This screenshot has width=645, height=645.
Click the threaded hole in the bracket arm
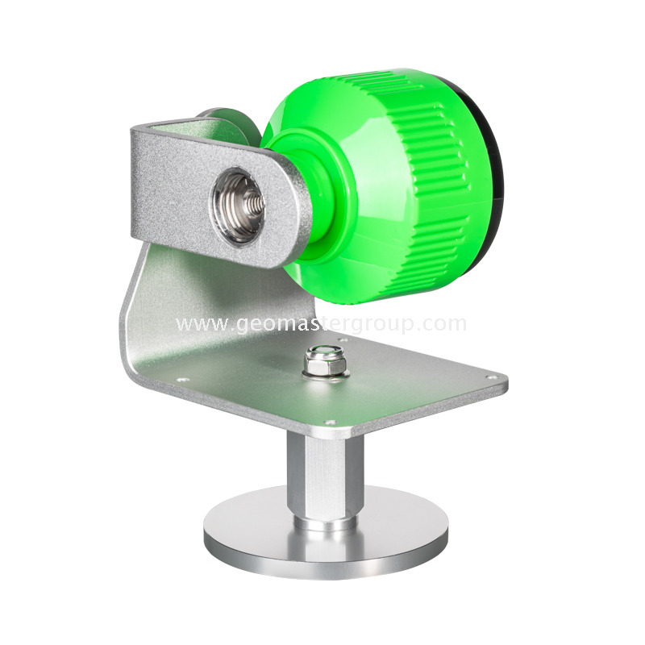click(x=239, y=205)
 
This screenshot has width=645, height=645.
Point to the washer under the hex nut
click(x=325, y=375)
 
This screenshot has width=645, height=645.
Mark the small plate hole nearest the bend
click(x=181, y=381)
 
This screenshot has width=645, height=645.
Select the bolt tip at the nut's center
click(x=325, y=355)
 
